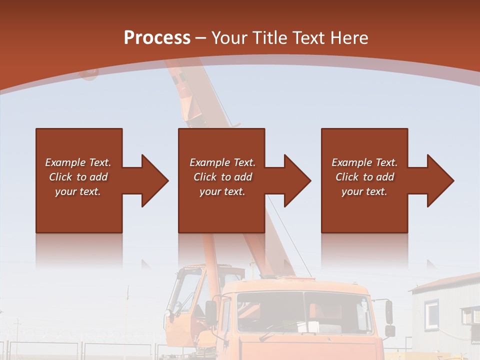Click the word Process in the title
pos(157,38)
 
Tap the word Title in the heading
pos(270,38)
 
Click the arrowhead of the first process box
pos(154,180)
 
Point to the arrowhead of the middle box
pos(297,180)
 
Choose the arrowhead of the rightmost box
pos(440,180)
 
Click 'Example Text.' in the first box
pos(78,162)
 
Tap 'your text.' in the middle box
pos(222,191)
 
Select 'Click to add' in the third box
pos(364,177)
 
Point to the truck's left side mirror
pos(211,312)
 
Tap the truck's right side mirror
pos(389,312)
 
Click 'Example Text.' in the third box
pos(364,162)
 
